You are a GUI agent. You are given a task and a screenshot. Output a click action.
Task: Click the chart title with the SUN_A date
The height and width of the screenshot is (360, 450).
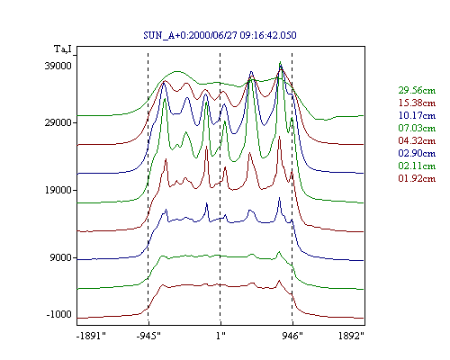(220, 35)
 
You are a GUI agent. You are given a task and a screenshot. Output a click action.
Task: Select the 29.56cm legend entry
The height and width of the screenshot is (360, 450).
(417, 90)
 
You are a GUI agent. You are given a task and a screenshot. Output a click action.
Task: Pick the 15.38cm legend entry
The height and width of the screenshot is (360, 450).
(417, 103)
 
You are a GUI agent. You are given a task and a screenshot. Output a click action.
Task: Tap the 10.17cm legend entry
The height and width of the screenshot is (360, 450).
(417, 115)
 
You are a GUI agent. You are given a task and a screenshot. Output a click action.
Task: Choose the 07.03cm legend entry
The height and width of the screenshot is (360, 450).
(417, 128)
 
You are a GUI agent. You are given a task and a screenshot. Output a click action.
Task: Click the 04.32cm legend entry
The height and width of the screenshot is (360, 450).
(417, 140)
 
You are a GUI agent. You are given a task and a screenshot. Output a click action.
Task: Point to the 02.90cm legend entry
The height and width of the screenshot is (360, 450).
(417, 153)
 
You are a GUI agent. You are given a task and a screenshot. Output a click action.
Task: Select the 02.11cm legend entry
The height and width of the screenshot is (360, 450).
(417, 166)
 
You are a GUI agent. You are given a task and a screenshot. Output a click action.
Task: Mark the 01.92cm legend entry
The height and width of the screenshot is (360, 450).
(417, 178)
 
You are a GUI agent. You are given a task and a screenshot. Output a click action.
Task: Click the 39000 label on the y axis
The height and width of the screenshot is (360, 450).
(58, 66)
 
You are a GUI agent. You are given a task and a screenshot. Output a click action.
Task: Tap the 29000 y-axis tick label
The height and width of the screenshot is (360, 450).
(58, 122)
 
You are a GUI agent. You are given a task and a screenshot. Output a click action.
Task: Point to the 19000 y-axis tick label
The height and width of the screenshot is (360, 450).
(58, 190)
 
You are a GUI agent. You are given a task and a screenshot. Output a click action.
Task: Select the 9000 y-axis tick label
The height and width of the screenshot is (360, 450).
(61, 257)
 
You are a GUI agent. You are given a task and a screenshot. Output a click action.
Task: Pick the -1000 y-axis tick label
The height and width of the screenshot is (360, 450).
(59, 314)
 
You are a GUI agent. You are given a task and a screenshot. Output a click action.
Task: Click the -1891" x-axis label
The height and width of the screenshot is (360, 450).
(92, 336)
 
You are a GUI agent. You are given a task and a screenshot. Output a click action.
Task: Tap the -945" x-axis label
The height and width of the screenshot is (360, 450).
(148, 336)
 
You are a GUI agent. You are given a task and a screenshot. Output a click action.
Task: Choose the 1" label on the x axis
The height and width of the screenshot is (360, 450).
(220, 336)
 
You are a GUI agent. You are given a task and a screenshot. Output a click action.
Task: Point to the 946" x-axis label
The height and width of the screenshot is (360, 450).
(292, 336)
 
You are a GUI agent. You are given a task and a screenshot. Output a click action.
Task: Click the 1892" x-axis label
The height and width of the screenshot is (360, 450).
(351, 336)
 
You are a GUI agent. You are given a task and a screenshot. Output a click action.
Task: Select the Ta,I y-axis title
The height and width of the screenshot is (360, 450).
(63, 49)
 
